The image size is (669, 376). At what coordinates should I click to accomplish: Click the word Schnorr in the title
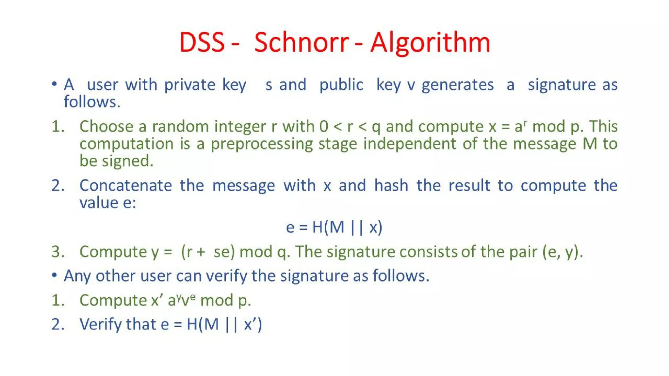click(x=301, y=43)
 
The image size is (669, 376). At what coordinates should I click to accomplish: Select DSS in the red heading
click(x=202, y=43)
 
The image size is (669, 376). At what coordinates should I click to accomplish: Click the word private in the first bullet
click(x=189, y=85)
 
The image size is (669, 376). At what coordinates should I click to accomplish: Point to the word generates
click(x=457, y=85)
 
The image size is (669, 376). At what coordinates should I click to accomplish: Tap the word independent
click(x=409, y=144)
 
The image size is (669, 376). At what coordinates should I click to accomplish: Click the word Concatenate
click(x=125, y=185)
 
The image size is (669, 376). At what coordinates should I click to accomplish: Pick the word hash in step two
click(x=391, y=185)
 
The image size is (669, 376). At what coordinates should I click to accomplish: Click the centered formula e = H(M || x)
click(x=334, y=227)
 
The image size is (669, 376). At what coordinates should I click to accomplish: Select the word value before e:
click(x=99, y=203)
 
